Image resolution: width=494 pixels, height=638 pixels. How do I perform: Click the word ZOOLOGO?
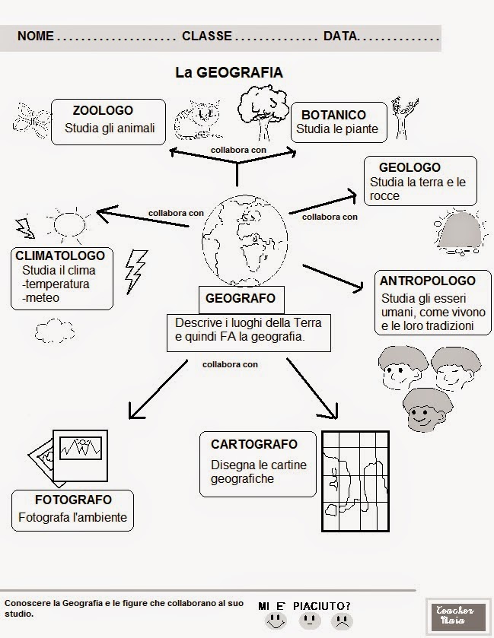click(103, 111)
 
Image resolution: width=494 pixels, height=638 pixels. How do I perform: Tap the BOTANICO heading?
click(333, 115)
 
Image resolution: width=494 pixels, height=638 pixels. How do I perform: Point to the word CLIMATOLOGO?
click(60, 256)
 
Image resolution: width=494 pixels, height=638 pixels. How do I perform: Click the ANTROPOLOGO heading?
click(427, 281)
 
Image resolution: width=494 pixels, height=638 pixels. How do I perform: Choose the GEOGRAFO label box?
click(240, 298)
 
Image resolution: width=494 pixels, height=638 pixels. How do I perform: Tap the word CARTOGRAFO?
click(254, 444)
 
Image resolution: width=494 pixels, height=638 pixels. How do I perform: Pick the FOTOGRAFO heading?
click(73, 500)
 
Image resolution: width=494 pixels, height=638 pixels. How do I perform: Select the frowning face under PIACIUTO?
click(339, 621)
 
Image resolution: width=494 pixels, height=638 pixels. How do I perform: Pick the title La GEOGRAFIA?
click(229, 73)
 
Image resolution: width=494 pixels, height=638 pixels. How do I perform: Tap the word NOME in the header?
click(35, 36)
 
